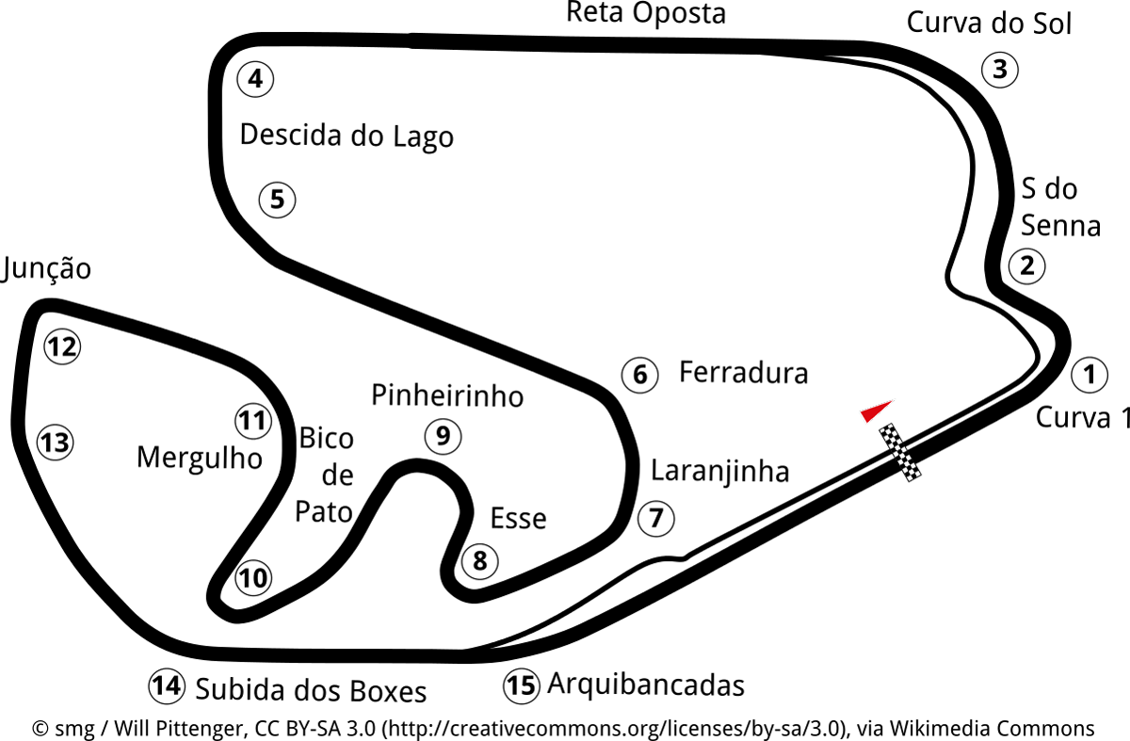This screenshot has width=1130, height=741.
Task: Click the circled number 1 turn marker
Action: coord(1090,375)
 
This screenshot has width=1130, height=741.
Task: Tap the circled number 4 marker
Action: coord(255,79)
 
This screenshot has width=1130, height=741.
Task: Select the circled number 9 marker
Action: coord(443,436)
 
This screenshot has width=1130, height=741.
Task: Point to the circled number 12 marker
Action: coord(62,347)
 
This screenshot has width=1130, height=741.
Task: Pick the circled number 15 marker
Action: coord(521,685)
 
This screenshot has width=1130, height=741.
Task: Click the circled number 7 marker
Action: coord(656,517)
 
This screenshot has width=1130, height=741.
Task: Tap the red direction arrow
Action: coord(876,411)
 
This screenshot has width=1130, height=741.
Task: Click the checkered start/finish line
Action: coord(900,453)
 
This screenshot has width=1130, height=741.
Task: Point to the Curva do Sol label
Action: coord(989,24)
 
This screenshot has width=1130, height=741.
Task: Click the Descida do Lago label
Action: coord(347,136)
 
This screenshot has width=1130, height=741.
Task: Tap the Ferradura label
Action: coord(743,373)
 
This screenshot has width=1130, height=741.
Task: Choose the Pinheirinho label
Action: coord(447,395)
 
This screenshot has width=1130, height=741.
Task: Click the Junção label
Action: coord(47,269)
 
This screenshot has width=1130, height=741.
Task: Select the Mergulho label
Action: coord(199,458)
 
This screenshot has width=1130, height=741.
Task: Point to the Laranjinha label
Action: coord(719,470)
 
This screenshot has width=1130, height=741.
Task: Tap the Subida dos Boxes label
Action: coord(311,691)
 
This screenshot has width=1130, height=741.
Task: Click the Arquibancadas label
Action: coord(645,685)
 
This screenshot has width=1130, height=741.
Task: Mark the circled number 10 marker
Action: coord(252,578)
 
